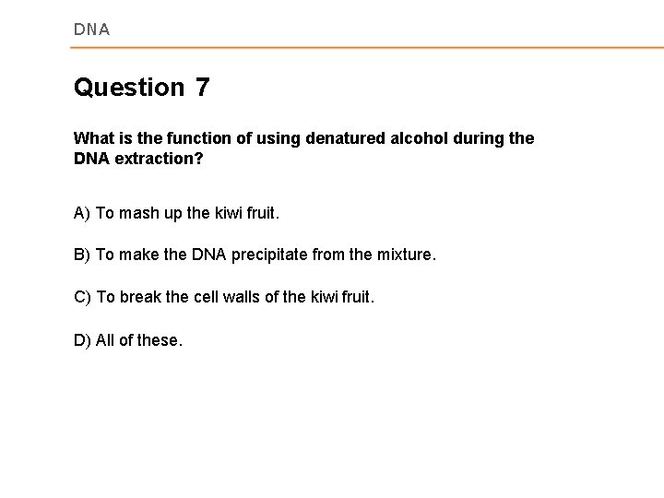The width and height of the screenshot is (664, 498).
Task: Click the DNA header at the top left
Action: (91, 30)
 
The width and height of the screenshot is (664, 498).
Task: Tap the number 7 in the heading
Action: (202, 88)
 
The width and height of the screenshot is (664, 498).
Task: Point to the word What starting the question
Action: (94, 137)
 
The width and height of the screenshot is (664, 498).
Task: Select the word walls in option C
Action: (239, 298)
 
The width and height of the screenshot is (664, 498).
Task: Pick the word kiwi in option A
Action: (221, 213)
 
